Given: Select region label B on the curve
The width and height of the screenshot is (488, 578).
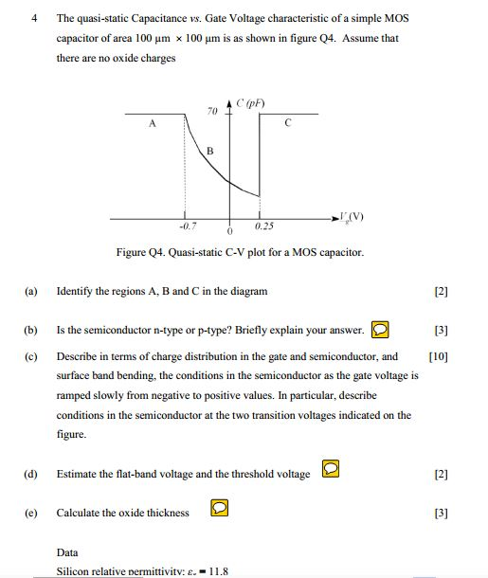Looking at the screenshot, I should (x=210, y=152).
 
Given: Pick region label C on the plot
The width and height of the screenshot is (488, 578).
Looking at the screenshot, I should (x=288, y=122).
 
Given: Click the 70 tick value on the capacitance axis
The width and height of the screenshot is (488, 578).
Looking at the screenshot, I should (x=212, y=111).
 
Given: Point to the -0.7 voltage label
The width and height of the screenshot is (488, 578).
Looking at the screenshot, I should (x=187, y=226).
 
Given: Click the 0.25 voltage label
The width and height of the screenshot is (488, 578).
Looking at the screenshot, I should (x=264, y=226).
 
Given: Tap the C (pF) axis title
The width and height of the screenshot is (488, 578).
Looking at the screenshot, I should (x=251, y=101).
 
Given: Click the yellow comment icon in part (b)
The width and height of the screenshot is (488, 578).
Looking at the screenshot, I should (x=379, y=330).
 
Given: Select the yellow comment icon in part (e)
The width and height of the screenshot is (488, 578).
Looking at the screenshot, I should (x=218, y=509).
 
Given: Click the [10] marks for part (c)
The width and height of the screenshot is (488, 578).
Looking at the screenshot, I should (x=438, y=357).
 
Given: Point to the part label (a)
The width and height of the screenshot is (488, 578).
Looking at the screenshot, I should (x=32, y=291).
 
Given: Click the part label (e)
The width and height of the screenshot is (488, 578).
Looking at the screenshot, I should (x=32, y=513).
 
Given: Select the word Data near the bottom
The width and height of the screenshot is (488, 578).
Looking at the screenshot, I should (x=67, y=552).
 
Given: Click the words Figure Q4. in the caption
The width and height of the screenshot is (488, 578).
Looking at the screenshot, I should (x=143, y=253).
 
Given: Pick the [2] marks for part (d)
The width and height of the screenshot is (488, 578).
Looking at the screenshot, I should (x=440, y=474).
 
